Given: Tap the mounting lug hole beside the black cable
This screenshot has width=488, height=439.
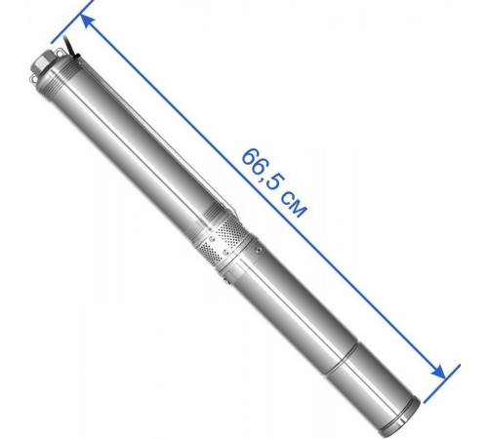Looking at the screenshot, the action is point(60,52).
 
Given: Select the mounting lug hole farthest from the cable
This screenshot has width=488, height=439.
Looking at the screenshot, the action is point(34,78).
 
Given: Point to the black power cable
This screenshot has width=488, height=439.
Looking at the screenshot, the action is point(70,47).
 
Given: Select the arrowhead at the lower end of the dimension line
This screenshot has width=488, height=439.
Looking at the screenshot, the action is point(438,372).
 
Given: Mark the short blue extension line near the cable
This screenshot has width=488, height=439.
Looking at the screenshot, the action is point(72,21).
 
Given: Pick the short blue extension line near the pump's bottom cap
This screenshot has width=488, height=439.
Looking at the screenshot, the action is point(442,383).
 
